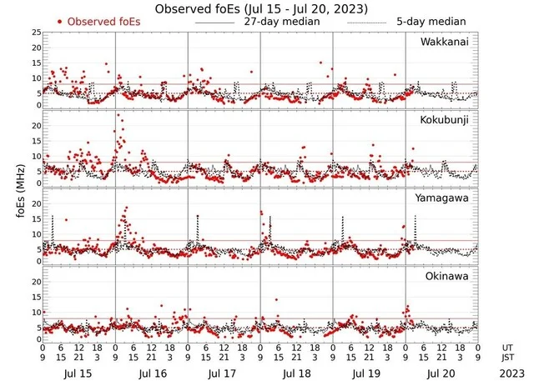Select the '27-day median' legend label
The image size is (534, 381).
pyautogui.click(x=281, y=21)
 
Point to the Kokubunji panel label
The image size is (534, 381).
pyautogui.click(x=446, y=120)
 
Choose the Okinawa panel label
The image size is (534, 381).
pyautogui.click(x=450, y=275)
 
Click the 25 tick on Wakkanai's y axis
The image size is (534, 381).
pyautogui.click(x=34, y=33)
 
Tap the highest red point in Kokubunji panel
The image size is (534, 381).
pyautogui.click(x=118, y=114)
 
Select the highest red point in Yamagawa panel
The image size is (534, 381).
pyautogui.click(x=126, y=208)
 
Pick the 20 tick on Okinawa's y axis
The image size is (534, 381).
pyautogui.click(x=34, y=282)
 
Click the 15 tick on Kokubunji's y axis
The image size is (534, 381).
pyautogui.click(x=34, y=141)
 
